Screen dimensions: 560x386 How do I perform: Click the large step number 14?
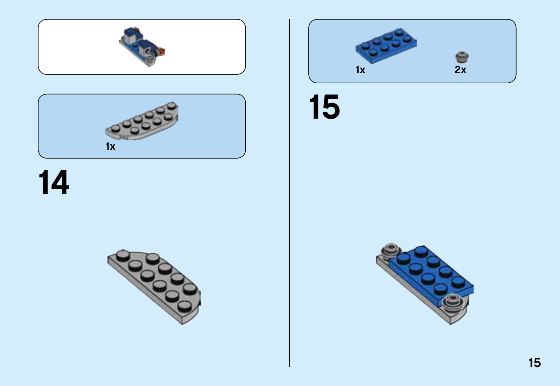tap(54, 182)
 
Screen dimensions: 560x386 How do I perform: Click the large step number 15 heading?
tap(324, 107)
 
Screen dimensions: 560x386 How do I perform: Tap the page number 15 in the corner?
tap(534, 363)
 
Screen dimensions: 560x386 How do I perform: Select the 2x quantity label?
tap(460, 70)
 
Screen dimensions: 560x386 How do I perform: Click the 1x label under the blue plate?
tap(360, 70)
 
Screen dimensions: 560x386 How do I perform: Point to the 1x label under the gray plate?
tap(111, 146)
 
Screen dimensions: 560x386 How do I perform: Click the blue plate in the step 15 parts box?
tap(386, 46)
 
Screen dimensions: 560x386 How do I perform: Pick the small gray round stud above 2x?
tap(462, 57)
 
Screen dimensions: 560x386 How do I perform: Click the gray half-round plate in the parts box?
tap(142, 121)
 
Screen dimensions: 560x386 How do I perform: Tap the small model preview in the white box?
tap(142, 47)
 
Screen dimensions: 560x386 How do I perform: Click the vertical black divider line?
tap(289, 193)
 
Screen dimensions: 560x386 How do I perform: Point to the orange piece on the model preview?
tap(161, 51)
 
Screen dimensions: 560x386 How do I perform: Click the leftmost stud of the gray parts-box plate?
tap(115, 129)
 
